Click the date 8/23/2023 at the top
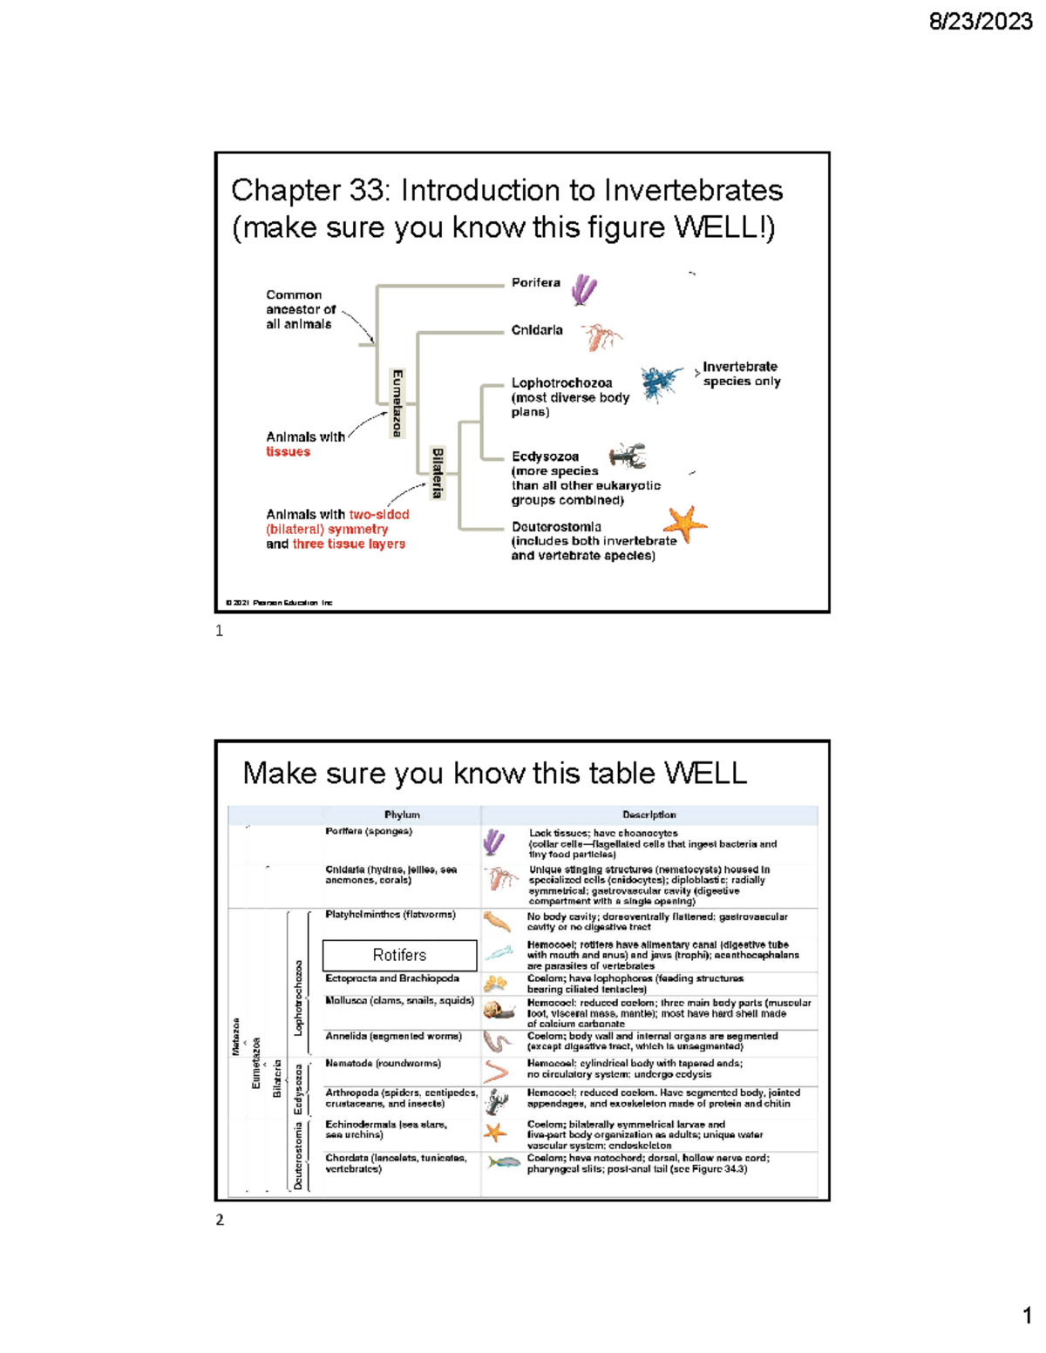point(980,22)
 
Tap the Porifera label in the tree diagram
point(535,282)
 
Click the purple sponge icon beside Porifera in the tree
point(583,289)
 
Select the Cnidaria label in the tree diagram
point(536,330)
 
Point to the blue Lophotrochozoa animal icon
point(661,382)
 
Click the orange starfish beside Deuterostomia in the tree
point(685,524)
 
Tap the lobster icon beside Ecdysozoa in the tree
point(628,456)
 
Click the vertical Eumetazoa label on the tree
point(397,403)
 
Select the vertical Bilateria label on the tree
point(438,473)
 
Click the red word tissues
point(288,451)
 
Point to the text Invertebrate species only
point(741,374)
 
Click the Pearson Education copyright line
point(279,602)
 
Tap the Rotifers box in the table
point(399,955)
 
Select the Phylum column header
point(402,815)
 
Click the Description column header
point(649,815)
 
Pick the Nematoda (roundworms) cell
point(383,1064)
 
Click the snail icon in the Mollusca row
point(499,1011)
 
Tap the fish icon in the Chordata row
point(503,1162)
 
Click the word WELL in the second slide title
point(705,773)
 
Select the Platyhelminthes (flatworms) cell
point(390,915)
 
